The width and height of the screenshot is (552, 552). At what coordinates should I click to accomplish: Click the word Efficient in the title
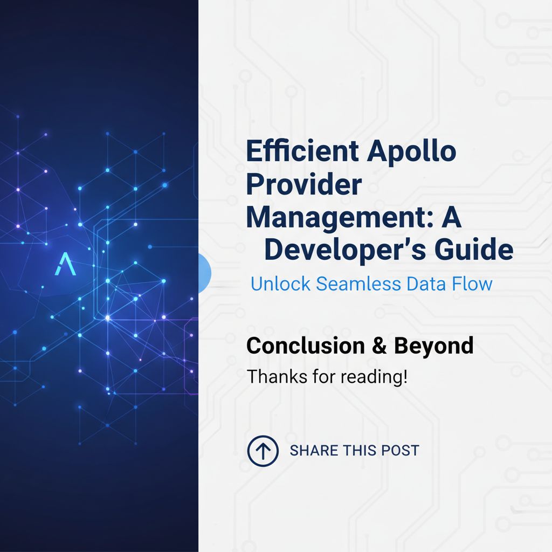point(302,151)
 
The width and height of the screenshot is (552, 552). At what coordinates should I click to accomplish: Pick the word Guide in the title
point(474,249)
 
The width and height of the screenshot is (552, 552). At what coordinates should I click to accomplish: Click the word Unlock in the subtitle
point(280,284)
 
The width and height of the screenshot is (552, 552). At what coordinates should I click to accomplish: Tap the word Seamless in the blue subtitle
point(358,284)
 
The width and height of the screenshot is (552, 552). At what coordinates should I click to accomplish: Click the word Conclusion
point(306,346)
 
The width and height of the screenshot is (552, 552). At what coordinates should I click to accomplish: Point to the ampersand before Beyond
point(379,346)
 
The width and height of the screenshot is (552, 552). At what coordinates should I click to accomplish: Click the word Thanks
point(277,376)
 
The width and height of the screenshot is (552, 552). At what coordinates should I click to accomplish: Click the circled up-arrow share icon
point(263,451)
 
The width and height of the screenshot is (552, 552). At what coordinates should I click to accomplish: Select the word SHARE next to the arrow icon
point(313,451)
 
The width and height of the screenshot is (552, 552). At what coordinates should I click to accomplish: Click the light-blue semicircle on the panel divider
point(205,273)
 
